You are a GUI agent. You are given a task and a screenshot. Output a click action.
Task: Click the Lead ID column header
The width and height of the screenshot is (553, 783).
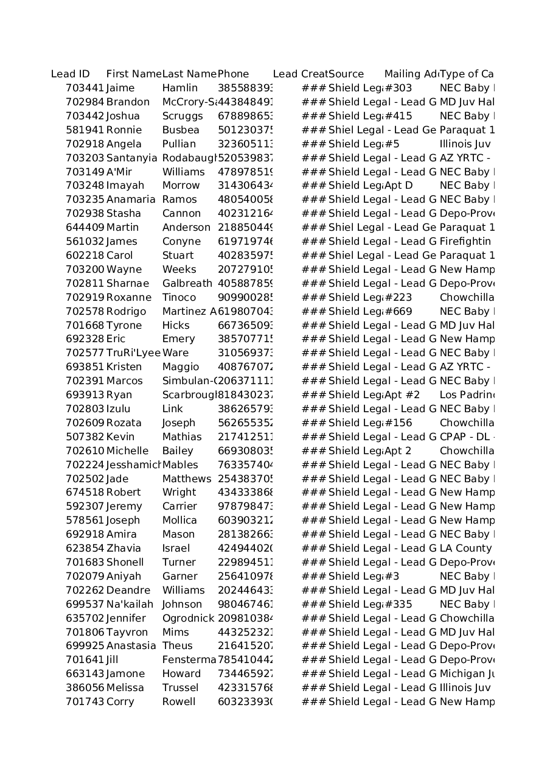coord(71,74)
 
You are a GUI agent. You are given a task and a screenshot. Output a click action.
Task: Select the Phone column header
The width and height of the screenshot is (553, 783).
coord(234,74)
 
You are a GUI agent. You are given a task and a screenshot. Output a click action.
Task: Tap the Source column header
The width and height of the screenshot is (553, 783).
coord(346,74)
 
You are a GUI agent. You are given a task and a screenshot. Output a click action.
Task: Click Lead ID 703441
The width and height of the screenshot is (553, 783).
coord(85,88)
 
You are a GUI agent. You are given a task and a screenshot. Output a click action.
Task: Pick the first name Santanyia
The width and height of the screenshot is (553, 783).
coord(131,158)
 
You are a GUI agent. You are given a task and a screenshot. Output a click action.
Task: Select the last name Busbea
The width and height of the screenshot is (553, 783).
coord(181,130)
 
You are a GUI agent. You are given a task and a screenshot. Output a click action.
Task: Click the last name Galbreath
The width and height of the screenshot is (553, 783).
coord(187,284)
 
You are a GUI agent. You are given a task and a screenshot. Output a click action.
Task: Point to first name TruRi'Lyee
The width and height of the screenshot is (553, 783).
coord(133,353)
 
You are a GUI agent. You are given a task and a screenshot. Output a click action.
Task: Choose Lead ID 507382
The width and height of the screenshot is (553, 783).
coord(85,437)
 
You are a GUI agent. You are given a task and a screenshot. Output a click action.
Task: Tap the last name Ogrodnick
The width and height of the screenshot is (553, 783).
coord(188,619)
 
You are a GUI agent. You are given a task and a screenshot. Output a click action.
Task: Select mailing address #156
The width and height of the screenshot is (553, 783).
coord(398,423)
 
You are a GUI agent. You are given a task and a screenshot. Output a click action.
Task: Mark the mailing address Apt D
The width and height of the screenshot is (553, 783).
coord(398,186)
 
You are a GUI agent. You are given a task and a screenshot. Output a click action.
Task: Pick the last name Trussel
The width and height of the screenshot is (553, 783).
coord(180,688)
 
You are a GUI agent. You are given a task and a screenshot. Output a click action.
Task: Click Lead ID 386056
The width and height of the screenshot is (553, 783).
coord(85,688)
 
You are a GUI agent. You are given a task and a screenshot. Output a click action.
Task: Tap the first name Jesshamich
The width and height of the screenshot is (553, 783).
coord(133,465)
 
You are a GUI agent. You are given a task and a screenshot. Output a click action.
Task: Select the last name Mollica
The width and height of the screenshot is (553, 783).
coord(179,521)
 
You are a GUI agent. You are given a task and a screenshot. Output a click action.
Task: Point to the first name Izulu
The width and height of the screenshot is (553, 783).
coord(118,409)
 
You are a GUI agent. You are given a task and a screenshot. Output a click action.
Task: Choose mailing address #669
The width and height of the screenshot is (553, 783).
coord(398,312)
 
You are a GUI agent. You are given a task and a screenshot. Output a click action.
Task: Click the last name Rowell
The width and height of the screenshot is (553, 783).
coord(179,702)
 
